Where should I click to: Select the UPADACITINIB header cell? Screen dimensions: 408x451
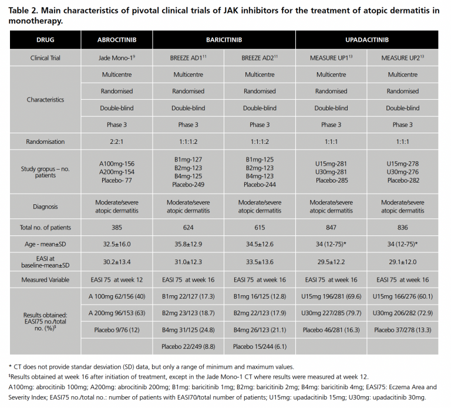[366, 40]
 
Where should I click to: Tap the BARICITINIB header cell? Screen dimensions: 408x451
[224, 40]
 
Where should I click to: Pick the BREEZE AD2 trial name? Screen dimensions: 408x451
[260, 58]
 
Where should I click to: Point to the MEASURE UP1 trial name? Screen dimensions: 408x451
[331, 58]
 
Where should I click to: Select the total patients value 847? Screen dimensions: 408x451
[331, 227]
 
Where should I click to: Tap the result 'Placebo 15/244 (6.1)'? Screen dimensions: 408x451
[260, 346]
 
